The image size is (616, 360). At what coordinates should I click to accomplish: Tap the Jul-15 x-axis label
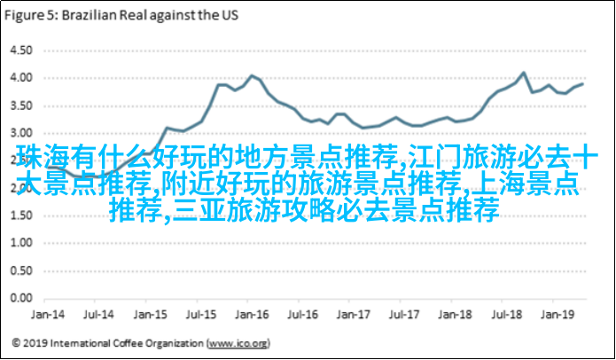[203, 314]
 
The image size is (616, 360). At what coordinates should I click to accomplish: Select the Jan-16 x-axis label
[253, 314]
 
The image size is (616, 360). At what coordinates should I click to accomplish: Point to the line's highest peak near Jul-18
[523, 73]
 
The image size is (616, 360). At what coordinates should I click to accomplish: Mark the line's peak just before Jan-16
[252, 75]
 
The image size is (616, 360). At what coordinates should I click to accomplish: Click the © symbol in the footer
[17, 341]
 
